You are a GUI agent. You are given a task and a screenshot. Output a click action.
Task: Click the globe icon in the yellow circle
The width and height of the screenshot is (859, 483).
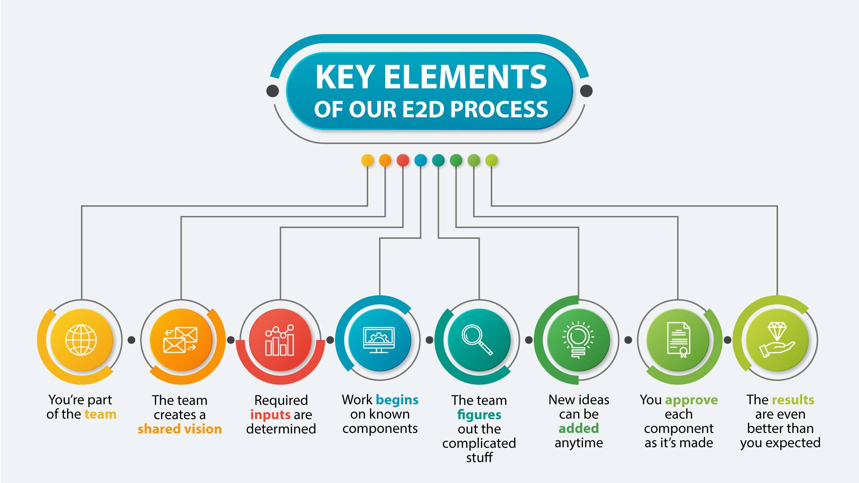pyautogui.click(x=81, y=340)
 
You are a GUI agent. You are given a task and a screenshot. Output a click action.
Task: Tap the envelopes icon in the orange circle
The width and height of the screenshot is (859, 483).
pyautogui.click(x=180, y=340)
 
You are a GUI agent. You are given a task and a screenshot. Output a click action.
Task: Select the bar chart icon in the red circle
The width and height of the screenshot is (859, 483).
pyautogui.click(x=280, y=340)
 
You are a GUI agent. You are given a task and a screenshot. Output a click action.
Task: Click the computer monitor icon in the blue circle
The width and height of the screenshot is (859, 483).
pyautogui.click(x=379, y=340)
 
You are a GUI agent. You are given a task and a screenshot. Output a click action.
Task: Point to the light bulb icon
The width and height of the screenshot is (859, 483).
pyautogui.click(x=578, y=340)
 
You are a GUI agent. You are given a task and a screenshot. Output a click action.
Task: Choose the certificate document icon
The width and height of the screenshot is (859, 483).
pyautogui.click(x=678, y=340)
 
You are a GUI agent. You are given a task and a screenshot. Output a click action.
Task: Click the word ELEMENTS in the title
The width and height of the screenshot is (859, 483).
pyautogui.click(x=465, y=77)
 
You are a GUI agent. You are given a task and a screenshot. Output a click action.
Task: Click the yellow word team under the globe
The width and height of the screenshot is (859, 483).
pyautogui.click(x=100, y=414)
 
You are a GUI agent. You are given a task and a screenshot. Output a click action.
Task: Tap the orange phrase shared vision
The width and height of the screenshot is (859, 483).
pyautogui.click(x=179, y=429)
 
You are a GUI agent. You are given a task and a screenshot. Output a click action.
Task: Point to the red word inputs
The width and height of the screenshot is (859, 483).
pyautogui.click(x=270, y=415)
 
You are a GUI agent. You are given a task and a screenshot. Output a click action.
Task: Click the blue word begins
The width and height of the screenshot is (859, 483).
pyautogui.click(x=397, y=400)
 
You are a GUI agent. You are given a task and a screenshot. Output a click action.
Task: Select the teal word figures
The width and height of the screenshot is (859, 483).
pyautogui.click(x=479, y=415)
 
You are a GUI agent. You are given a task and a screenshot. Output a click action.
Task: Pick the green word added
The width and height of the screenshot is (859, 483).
pyautogui.click(x=578, y=428)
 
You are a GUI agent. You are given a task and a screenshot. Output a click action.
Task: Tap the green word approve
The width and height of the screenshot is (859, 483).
pyautogui.click(x=691, y=400)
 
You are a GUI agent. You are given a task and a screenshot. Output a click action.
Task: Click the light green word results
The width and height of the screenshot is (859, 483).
pyautogui.click(x=793, y=399)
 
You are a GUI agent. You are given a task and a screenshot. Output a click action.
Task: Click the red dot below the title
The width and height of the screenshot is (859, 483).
pyautogui.click(x=403, y=160)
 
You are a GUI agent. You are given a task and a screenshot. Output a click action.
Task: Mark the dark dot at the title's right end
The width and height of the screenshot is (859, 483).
pyautogui.click(x=586, y=91)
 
